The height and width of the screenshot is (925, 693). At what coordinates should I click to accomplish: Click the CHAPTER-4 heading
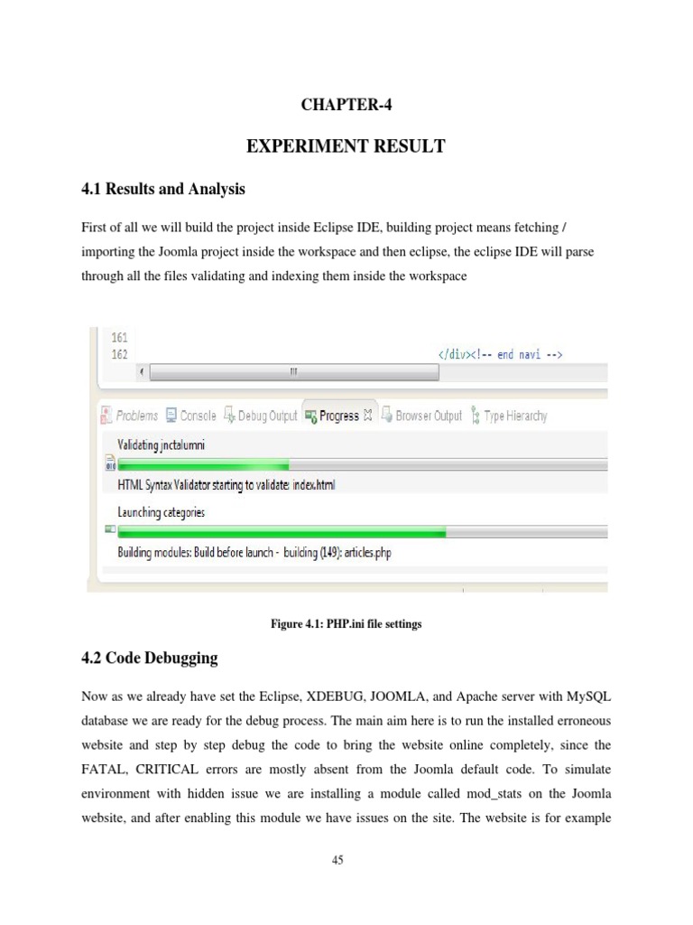pos(346,105)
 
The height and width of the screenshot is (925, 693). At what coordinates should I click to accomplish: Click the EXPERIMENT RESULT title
pos(346,145)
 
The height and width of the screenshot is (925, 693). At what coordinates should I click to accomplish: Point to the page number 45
pos(337,860)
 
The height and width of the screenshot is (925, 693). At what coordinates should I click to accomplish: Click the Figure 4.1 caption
pos(346,624)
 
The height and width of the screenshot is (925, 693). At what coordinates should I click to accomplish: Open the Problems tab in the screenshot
pos(136,416)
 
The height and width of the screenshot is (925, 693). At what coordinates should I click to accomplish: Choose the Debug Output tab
pos(266,416)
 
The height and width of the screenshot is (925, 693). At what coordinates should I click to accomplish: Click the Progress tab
pos(338,416)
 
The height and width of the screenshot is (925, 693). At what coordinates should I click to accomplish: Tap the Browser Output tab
pos(428,416)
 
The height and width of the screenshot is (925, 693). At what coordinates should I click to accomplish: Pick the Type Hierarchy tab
pos(514,416)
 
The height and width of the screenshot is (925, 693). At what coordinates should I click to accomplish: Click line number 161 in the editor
pos(119,338)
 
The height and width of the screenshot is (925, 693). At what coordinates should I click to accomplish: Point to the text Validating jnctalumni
pos(167,445)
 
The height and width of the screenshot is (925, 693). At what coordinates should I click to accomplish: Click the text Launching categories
pos(162,512)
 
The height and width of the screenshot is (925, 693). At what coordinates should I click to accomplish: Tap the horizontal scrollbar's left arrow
pos(141,372)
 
